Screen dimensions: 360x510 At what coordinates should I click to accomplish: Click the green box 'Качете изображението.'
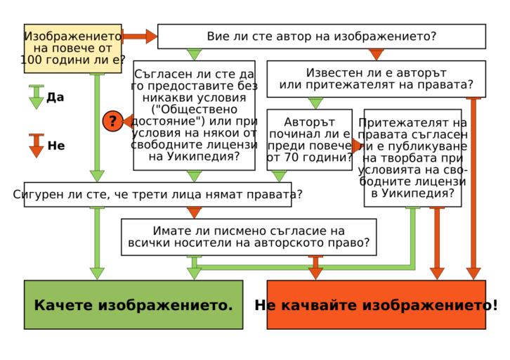[x=133, y=304]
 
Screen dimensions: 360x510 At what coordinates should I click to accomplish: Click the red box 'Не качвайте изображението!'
[x=376, y=304]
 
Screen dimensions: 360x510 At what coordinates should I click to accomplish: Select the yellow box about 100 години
[x=73, y=48]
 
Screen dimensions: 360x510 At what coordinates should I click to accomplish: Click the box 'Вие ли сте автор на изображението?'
[x=321, y=37]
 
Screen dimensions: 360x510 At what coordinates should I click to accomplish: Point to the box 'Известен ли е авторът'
[x=376, y=79]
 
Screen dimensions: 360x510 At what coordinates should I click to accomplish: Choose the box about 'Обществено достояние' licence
[x=194, y=115]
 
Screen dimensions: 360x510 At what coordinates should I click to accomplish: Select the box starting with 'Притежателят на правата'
[x=412, y=157]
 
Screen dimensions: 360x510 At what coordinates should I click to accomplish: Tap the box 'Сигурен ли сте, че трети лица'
[x=157, y=194]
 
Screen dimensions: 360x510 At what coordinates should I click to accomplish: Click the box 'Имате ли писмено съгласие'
[x=248, y=236]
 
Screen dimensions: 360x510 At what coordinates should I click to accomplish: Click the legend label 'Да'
[x=55, y=97]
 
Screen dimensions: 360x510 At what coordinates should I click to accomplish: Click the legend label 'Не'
[x=56, y=146]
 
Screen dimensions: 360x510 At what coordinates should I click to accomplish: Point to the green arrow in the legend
[x=37, y=97]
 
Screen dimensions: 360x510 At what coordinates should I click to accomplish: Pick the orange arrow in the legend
[x=37, y=146]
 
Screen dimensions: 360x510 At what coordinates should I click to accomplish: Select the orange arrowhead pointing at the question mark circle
[x=128, y=121]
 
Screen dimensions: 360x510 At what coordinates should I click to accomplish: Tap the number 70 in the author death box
[x=292, y=157]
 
